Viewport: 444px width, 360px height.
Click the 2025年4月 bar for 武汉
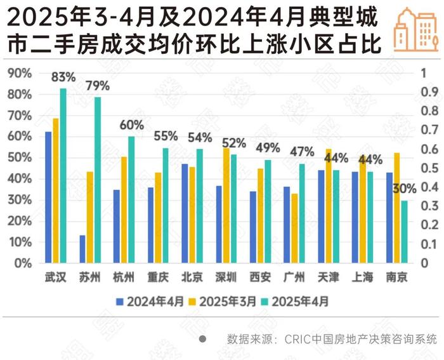(x=63, y=175)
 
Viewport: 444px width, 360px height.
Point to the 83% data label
(x=63, y=77)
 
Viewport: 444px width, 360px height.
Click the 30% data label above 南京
(x=404, y=189)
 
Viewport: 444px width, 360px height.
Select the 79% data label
(x=98, y=86)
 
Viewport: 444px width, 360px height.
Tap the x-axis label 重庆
(x=158, y=277)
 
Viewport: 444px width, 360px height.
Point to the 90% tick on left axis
(x=20, y=73)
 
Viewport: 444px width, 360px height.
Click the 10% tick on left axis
(x=20, y=242)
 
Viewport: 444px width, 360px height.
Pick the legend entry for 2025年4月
(x=296, y=301)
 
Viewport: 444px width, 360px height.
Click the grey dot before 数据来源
(x=202, y=338)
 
